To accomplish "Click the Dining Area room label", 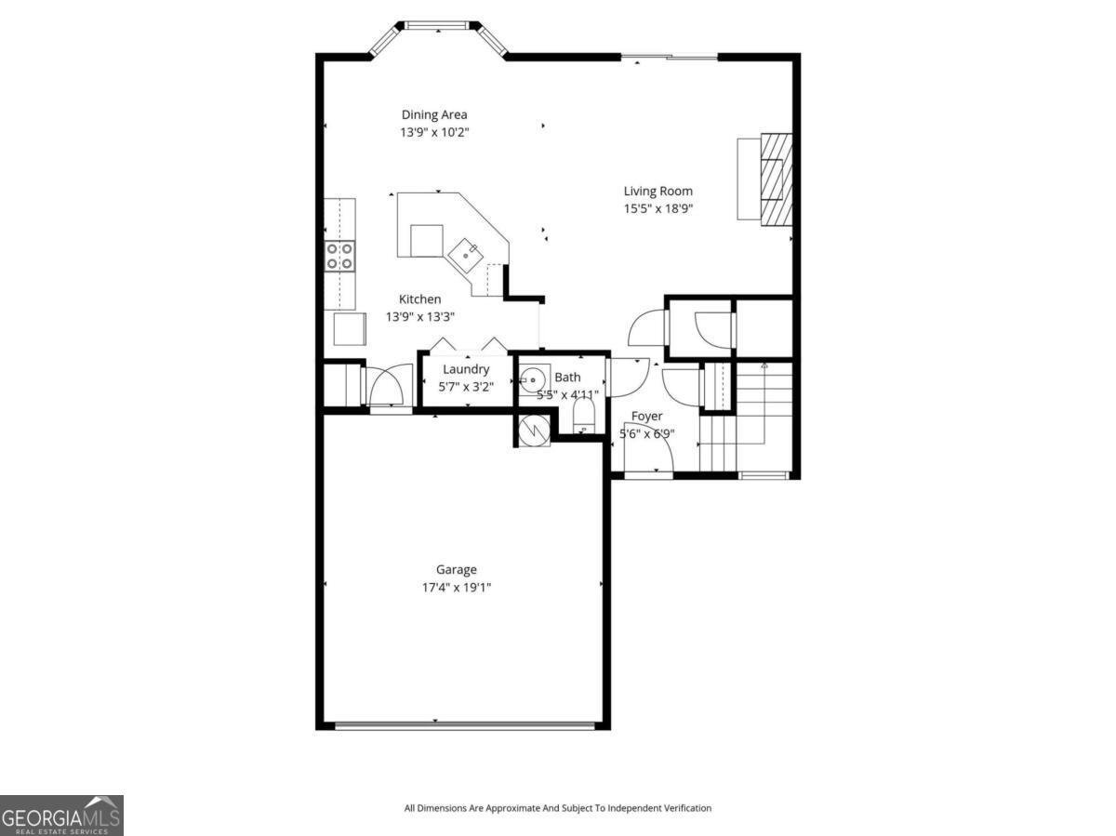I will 434,115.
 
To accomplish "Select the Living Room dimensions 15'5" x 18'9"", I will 658,209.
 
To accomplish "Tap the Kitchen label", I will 419,299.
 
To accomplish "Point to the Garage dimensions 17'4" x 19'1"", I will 456,588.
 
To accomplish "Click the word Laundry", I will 466,369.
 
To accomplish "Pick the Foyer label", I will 646,416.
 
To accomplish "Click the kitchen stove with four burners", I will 339,256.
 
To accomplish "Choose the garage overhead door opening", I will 463,725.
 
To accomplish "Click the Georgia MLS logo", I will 61,816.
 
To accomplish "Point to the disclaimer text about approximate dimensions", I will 557,808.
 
